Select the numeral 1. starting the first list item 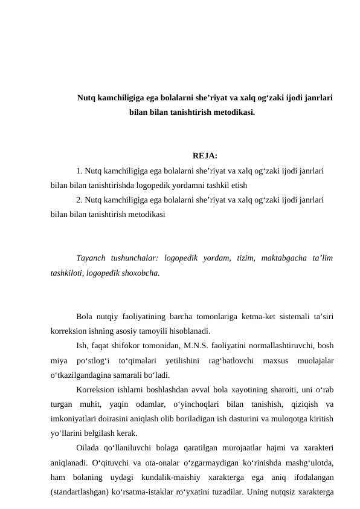pos(80,171)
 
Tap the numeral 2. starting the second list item pos(80,199)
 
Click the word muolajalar pos(317,361)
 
